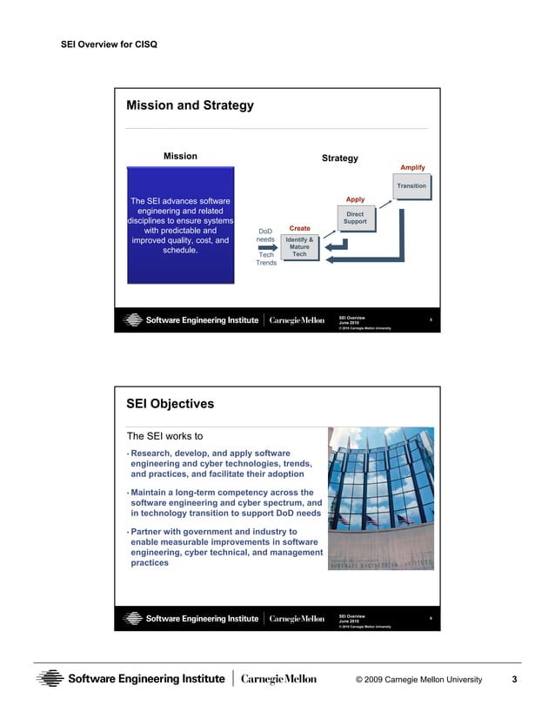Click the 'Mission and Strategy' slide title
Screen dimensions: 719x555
(190, 106)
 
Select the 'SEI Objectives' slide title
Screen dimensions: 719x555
(170, 404)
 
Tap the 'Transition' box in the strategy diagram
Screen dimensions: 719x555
(411, 186)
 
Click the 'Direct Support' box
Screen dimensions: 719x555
(355, 218)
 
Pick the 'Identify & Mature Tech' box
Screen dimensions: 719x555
(299, 246)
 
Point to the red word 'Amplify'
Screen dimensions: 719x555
(412, 167)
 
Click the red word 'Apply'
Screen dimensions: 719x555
(355, 199)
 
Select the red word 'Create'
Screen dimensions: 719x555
(299, 228)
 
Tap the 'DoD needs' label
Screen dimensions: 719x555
(266, 235)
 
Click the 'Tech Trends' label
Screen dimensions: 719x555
(266, 259)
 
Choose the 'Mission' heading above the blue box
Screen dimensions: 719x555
(180, 156)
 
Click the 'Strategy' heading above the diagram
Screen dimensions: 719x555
(339, 158)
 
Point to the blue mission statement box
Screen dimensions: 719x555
(180, 226)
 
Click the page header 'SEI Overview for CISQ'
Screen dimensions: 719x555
(109, 43)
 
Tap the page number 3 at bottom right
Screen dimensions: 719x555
(514, 679)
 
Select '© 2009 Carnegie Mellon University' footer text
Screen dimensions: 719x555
(418, 679)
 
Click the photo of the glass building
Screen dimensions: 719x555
(380, 498)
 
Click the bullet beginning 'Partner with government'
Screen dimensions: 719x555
(225, 547)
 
